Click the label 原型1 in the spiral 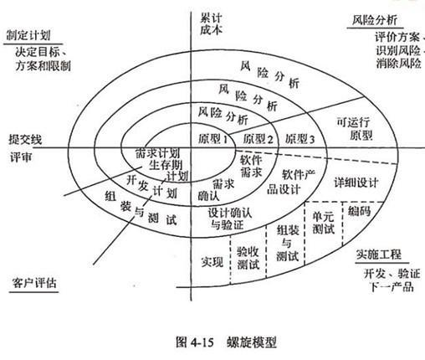point(217,136)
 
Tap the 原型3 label point(299,137)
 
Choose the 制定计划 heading point(26,36)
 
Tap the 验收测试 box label point(247,257)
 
